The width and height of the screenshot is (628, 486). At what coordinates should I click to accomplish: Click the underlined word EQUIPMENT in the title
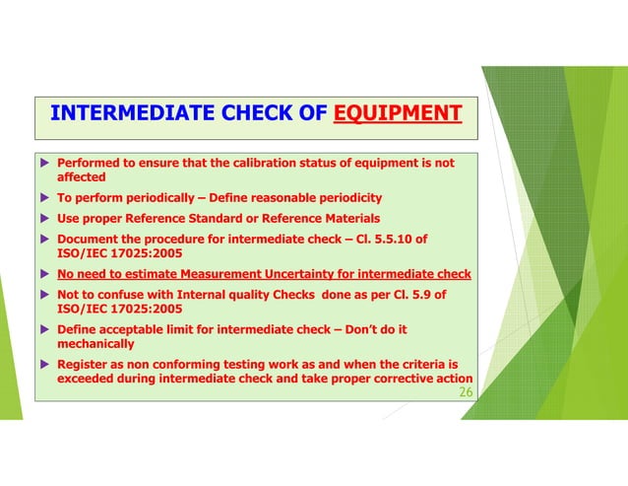click(x=397, y=113)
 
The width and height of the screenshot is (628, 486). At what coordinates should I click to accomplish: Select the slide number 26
click(x=466, y=393)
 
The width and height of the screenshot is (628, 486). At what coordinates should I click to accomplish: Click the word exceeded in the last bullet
click(x=88, y=380)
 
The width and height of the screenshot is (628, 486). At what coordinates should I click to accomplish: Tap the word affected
click(x=82, y=177)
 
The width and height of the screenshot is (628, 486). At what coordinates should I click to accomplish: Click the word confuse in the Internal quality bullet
click(x=125, y=294)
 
